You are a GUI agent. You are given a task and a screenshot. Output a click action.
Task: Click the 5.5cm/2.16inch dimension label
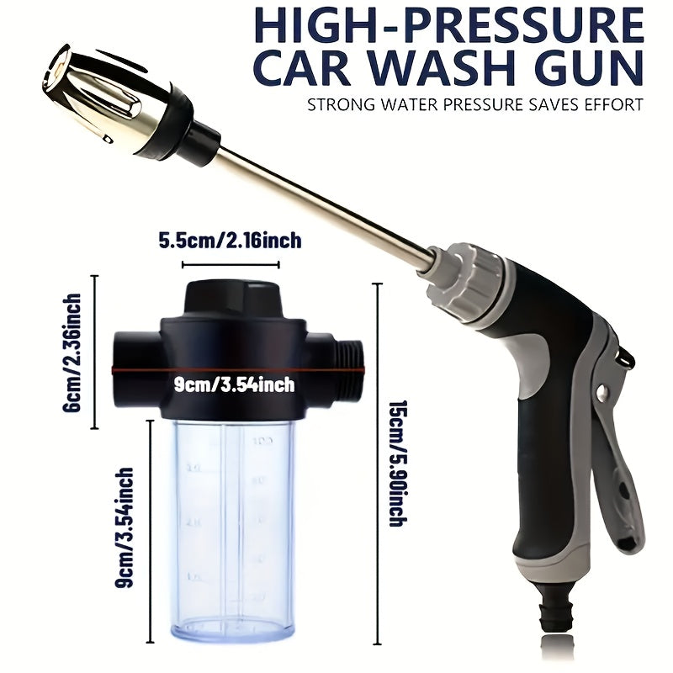(230, 241)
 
